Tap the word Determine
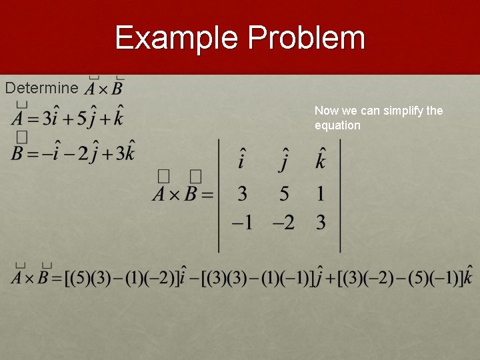click(42, 88)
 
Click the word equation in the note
click(337, 125)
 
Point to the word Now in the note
click(326, 111)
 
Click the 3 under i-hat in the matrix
click(241, 194)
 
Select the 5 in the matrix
click(285, 194)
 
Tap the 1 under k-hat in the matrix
click(321, 194)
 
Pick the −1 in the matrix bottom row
click(242, 223)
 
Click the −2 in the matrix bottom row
click(283, 223)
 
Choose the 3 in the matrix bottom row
click(321, 223)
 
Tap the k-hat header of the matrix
click(321, 159)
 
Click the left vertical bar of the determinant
click(219, 195)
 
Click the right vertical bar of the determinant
click(341, 195)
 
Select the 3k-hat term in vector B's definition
click(125, 153)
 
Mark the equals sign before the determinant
click(207, 195)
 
